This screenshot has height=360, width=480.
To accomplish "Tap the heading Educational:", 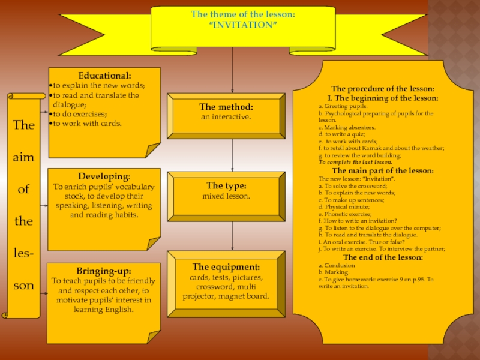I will pyautogui.click(x=104, y=76).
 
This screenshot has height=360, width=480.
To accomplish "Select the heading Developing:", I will pyautogui.click(x=104, y=177).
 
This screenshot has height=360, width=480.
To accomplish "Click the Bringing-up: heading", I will pyautogui.click(x=104, y=271).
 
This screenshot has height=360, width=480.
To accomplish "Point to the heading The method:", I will pyautogui.click(x=226, y=107).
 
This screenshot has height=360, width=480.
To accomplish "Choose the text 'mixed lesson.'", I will pyautogui.click(x=226, y=196).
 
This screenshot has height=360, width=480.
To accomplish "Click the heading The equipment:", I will pyautogui.click(x=226, y=267).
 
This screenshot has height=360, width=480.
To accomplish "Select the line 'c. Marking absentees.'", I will pyautogui.click(x=347, y=127).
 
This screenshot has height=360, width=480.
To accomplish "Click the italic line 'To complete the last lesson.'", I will pyautogui.click(x=355, y=162).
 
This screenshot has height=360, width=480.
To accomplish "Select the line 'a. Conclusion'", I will pyautogui.click(x=337, y=265).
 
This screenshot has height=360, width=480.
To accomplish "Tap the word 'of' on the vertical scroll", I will pyautogui.click(x=23, y=189).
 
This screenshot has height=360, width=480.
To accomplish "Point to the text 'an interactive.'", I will pyautogui.click(x=226, y=116).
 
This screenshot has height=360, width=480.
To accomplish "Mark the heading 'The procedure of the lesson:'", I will pyautogui.click(x=378, y=89).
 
